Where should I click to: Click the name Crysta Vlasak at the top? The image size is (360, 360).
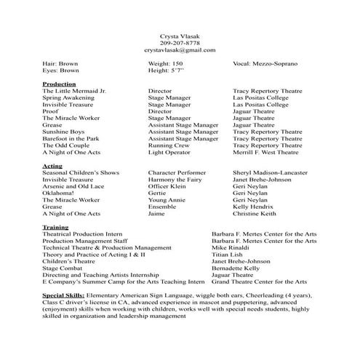tap(180, 36)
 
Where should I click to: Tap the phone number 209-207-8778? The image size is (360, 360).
tap(180, 43)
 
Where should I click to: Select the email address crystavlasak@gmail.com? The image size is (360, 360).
tap(180, 50)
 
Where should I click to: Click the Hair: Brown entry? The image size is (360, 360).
tap(60, 64)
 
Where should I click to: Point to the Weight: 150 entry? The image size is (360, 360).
tap(165, 64)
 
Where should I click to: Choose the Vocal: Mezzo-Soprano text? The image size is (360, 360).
tap(265, 64)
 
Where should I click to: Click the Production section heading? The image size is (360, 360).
tap(60, 84)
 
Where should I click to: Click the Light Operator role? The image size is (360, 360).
tap(169, 153)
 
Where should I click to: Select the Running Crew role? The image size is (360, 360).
tap(169, 145)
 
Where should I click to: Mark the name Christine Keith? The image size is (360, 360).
tap(255, 214)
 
